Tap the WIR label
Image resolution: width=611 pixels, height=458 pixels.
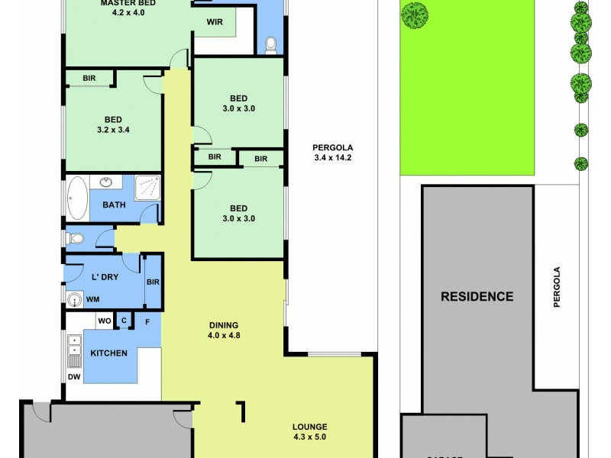point(215,22)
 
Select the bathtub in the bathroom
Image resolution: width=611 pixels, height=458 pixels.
point(77,198)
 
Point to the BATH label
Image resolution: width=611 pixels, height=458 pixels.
point(114,205)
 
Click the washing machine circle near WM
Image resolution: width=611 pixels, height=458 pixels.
point(75,299)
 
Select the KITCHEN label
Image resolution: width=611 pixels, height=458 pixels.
point(108,353)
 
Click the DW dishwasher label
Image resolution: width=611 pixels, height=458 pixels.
point(74,377)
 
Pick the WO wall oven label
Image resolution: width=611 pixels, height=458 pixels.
point(104,321)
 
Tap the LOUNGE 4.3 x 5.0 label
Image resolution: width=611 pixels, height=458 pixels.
point(309,432)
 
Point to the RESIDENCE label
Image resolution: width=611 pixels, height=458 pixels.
point(477,296)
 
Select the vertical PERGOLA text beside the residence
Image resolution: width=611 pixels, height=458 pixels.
point(557,286)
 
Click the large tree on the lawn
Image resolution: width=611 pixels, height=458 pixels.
point(415,15)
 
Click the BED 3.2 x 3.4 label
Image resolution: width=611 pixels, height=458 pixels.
point(114,124)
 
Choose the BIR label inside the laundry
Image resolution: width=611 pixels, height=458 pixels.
point(152,282)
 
